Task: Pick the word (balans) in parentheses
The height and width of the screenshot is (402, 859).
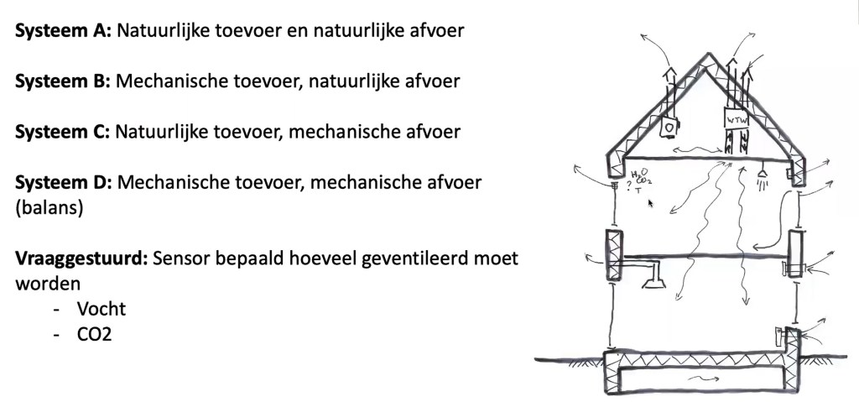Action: pos(49,208)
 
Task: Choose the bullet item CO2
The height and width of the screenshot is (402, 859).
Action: pos(93,333)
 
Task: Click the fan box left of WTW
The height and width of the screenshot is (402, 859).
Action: pos(670,126)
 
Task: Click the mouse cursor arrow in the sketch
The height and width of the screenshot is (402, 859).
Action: pos(649,203)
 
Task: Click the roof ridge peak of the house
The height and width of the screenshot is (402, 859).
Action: pos(708,56)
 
